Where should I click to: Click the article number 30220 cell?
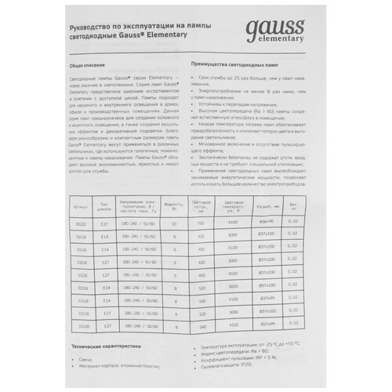81,222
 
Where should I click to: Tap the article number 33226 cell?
81,275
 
